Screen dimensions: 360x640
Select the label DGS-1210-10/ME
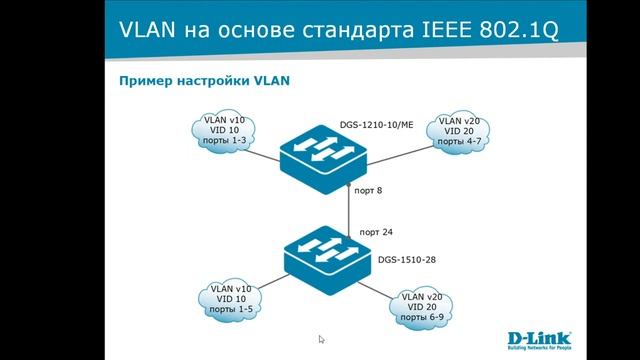(x=376, y=126)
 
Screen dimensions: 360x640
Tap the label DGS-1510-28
(x=406, y=259)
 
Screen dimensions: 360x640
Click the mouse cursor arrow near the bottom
(x=320, y=339)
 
